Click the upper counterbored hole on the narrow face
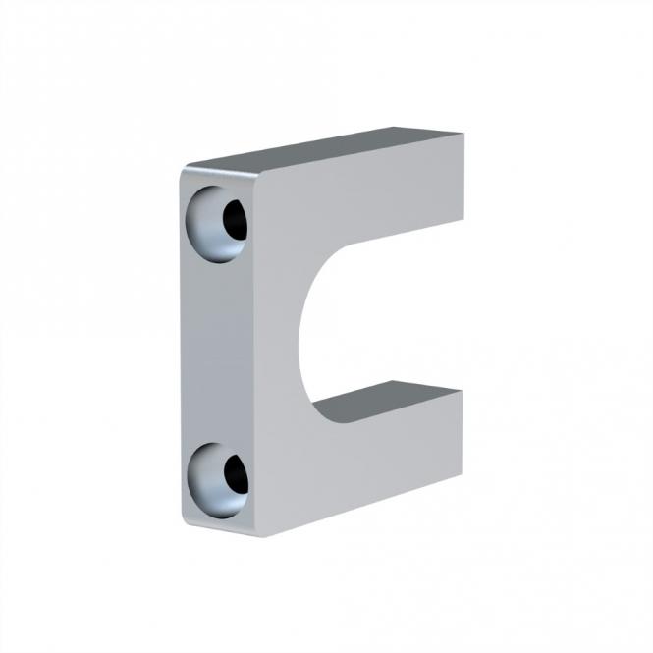[219, 223]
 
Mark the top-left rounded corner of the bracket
[185, 173]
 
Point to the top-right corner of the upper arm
[463, 135]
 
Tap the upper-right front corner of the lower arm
[461, 391]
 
